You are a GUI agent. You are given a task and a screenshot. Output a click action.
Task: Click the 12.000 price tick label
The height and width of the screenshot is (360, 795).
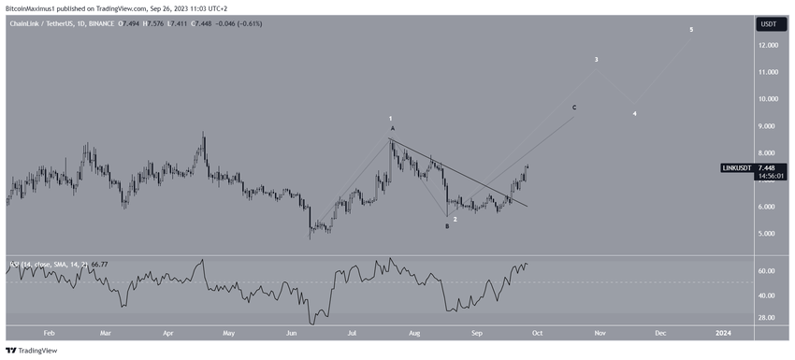pos(769,44)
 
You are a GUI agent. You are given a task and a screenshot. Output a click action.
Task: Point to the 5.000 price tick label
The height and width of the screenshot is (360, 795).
pos(769,234)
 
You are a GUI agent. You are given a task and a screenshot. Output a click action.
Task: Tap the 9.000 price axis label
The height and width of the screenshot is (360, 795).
pos(769,125)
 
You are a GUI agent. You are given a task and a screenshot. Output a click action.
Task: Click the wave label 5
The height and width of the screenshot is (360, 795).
pos(691,30)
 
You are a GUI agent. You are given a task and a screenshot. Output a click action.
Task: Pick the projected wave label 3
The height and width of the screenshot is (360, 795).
pos(597,60)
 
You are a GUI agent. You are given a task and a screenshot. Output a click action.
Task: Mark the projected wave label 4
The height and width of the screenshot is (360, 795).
pos(634,114)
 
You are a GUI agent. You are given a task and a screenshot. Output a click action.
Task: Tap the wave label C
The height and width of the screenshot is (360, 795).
pos(574,108)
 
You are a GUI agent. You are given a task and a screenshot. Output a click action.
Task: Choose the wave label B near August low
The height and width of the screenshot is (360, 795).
pos(446,226)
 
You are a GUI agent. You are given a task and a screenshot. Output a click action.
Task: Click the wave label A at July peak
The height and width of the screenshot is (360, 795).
pos(393,128)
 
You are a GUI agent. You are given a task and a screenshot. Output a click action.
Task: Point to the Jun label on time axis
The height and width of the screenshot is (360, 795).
pos(292,332)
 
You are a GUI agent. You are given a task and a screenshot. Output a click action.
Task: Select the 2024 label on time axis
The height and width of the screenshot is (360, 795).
pos(723,332)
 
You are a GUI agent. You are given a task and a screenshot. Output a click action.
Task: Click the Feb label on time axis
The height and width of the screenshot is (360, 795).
pos(49,332)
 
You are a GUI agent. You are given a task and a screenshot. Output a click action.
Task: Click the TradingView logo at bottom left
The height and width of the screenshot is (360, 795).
pos(32,351)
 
